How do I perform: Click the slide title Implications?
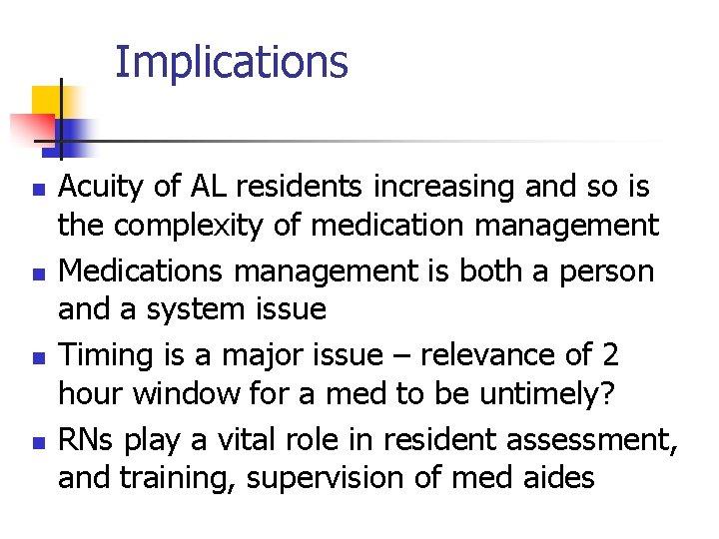point(232,62)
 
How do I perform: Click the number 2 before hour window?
point(610,354)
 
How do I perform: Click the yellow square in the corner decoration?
point(47,100)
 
